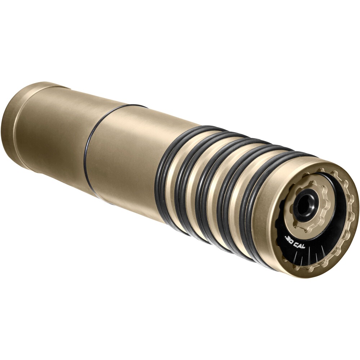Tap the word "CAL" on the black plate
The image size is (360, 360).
click(300, 246)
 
